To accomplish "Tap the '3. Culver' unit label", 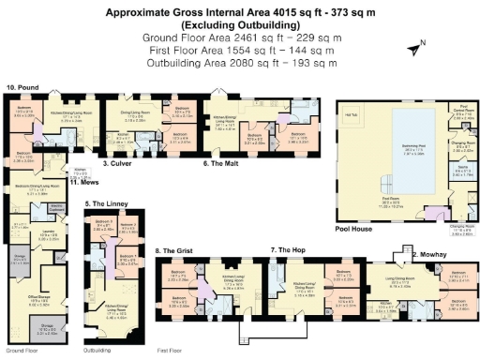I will pyautogui.click(x=116, y=164).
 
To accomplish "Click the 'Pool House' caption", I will pyautogui.click(x=353, y=228).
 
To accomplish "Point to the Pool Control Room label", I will pyautogui.click(x=461, y=109).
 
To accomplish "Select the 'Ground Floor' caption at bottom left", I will pyautogui.click(x=22, y=351).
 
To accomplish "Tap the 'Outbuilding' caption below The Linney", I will pyautogui.click(x=97, y=351).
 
